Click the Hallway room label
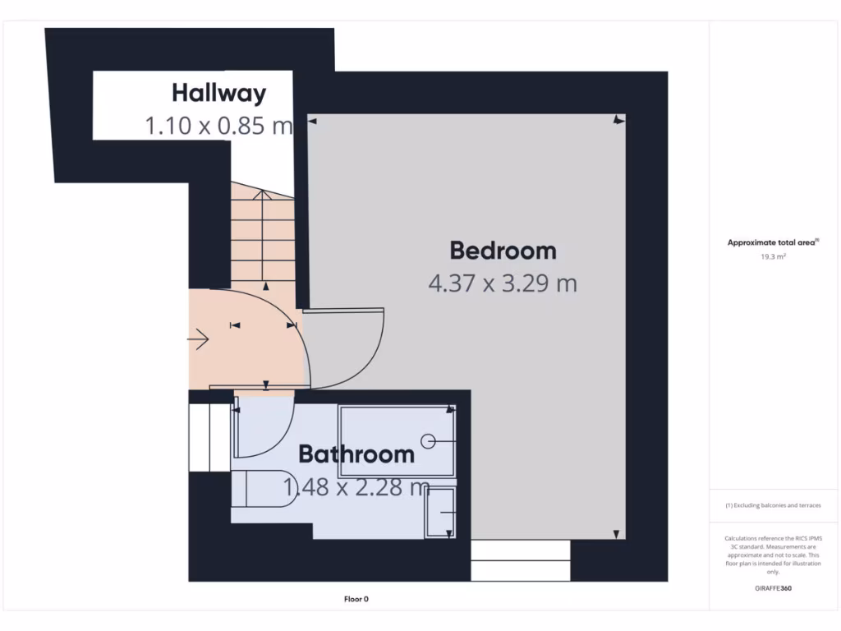coord(218,93)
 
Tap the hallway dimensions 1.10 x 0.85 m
coord(218,126)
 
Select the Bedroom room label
coord(503,250)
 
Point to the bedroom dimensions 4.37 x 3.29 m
coord(503,283)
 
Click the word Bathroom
coord(356,454)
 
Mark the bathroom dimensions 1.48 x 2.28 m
coord(356,487)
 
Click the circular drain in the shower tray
coord(427,440)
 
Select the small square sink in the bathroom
coord(440,513)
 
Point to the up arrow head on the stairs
coord(262,195)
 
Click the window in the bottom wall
coord(521,560)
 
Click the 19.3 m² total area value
coord(772,256)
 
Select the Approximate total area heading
coord(773,242)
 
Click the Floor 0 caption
coord(361,600)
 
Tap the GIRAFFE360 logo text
coord(773,588)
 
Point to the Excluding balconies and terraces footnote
coord(773,505)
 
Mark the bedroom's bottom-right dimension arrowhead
coord(616,534)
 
